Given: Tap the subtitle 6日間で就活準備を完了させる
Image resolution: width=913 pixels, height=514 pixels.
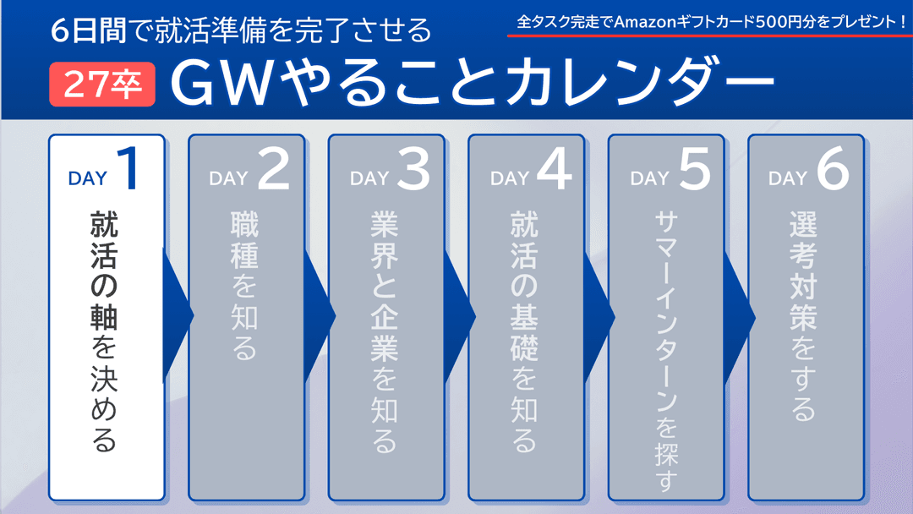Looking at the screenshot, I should (241, 32).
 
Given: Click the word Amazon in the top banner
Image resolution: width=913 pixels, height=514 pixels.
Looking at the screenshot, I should (647, 18).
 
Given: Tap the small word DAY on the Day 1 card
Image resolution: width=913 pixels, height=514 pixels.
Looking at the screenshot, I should (88, 178).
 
